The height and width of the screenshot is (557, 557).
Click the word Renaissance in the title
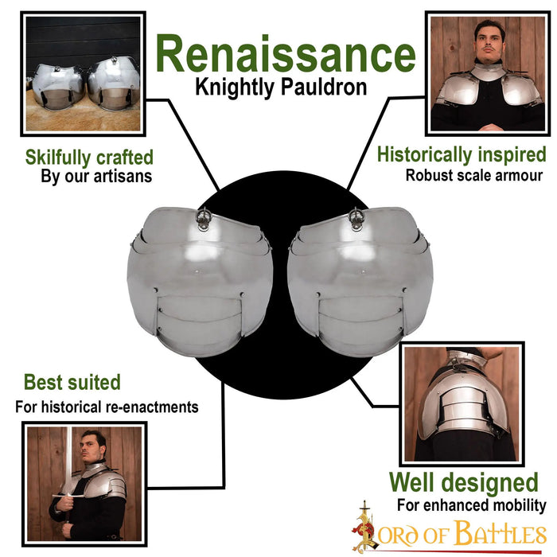286,54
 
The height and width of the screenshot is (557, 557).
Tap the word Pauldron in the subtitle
324,88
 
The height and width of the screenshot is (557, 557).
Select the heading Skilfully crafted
89,158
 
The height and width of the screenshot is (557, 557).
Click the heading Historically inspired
462,155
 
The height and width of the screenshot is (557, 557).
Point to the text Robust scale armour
474,176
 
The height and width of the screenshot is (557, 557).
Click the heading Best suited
72,382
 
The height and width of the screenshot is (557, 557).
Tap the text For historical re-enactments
107,407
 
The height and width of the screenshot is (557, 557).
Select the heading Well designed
464,482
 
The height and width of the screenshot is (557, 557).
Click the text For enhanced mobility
471,504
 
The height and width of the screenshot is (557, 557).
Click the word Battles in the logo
501,533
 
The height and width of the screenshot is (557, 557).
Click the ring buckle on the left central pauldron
204,217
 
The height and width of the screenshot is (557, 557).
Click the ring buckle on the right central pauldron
356,217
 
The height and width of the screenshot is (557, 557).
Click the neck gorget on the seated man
489,74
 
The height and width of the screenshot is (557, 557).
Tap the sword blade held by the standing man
68,458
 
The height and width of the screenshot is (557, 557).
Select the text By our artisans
96,177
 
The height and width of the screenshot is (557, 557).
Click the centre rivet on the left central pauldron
196,272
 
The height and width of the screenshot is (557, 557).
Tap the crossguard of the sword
68,496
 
